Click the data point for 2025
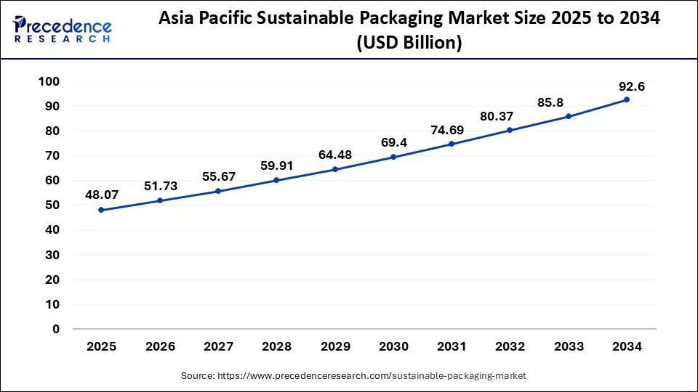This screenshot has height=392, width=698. coord(101,210)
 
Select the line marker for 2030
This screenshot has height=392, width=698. coord(393,157)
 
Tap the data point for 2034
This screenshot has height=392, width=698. coord(627,99)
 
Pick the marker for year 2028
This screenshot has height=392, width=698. coord(276,180)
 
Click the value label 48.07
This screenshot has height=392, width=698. coord(102,195)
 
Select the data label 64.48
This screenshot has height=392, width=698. coord(335,154)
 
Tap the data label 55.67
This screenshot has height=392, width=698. coord(218,176)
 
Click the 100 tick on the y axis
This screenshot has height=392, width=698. coord(49,81)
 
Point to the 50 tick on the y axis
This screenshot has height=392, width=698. coord(52,205)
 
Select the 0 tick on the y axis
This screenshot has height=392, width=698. coord(55,329)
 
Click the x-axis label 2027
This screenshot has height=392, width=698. coord(218,347)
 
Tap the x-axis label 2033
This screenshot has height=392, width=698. coord(569,347)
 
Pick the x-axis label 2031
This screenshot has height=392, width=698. coord(452,347)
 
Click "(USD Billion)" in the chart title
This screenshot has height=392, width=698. coord(409,44)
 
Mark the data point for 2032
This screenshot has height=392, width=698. coord(510,130)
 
